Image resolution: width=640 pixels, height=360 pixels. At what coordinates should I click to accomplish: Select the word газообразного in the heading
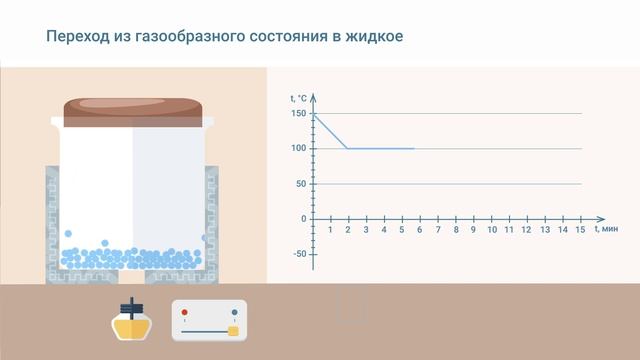pyautogui.click(x=175, y=37)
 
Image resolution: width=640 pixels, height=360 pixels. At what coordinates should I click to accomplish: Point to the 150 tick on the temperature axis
pyautogui.click(x=299, y=113)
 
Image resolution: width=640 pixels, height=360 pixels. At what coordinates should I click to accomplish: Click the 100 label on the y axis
pyautogui.click(x=299, y=149)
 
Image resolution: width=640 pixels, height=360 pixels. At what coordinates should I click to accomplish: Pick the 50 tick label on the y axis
pyautogui.click(x=301, y=184)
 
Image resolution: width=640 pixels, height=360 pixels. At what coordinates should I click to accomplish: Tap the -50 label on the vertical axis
pyautogui.click(x=299, y=254)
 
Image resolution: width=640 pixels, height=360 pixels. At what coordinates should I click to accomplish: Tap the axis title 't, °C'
pyautogui.click(x=299, y=97)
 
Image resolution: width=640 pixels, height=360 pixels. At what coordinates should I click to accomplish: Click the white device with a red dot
pyautogui.click(x=208, y=321)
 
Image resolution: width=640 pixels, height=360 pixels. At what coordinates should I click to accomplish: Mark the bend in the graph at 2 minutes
pyautogui.click(x=348, y=149)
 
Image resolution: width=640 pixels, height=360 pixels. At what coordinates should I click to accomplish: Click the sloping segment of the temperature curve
pyautogui.click(x=331, y=131)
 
